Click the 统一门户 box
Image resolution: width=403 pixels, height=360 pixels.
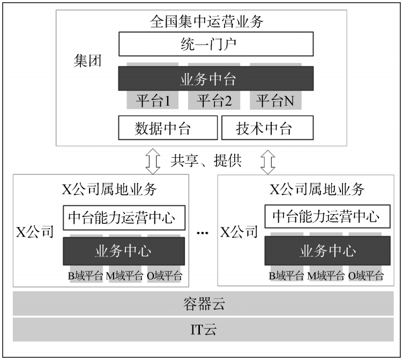click(215, 45)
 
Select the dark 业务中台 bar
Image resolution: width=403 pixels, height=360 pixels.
click(215, 79)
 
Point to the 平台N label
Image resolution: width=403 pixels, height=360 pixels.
click(275, 100)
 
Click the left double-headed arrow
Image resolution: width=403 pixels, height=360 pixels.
click(153, 160)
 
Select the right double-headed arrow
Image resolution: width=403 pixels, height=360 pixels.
click(268, 160)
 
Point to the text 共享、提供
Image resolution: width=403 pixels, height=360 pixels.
click(206, 160)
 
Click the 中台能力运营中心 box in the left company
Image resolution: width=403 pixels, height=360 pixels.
click(124, 218)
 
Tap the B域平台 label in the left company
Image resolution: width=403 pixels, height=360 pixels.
click(85, 276)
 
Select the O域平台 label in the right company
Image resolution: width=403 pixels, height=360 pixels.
click(366, 276)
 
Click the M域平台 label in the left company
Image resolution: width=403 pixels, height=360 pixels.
click(124, 276)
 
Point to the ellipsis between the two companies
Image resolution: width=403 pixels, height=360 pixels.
click(203, 233)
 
